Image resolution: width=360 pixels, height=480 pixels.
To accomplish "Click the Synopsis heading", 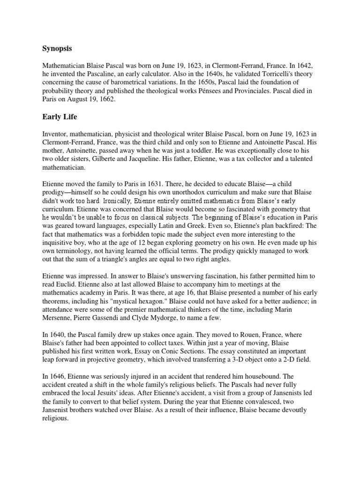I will point(57,48).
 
